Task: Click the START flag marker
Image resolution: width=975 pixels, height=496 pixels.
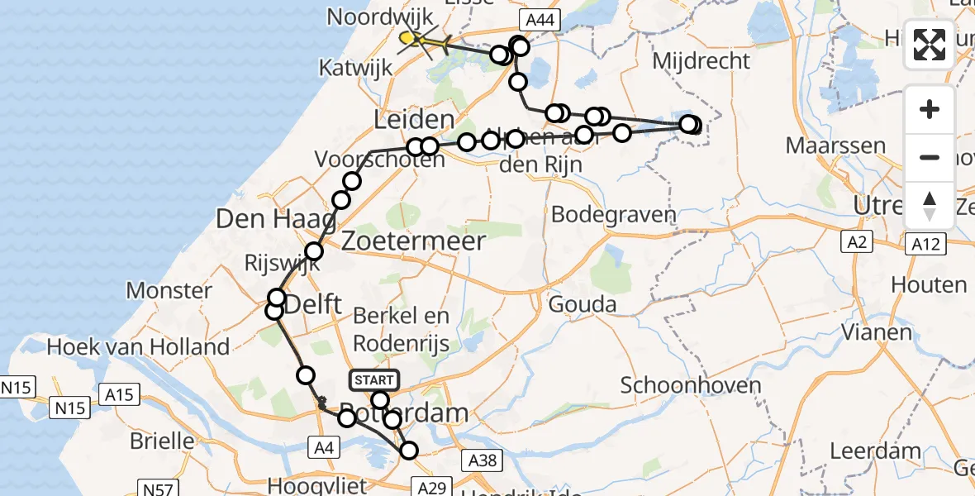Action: pos(374,380)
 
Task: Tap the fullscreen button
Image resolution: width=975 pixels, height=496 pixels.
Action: pos(930,45)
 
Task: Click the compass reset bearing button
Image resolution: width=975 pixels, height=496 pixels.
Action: pos(930,206)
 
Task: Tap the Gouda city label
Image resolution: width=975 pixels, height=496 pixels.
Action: pos(583,304)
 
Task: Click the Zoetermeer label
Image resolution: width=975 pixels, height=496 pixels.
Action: pos(412,241)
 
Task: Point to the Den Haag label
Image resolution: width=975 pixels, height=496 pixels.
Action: pos(275,219)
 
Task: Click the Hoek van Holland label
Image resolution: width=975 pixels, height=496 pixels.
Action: pos(138,346)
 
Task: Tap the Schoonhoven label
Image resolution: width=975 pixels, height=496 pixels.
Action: pos(678,385)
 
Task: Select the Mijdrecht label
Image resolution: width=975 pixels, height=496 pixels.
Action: pos(701,60)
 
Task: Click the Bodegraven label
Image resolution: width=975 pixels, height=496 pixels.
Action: pos(613,215)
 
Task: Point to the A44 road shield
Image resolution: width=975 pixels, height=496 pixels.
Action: pos(539,18)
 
